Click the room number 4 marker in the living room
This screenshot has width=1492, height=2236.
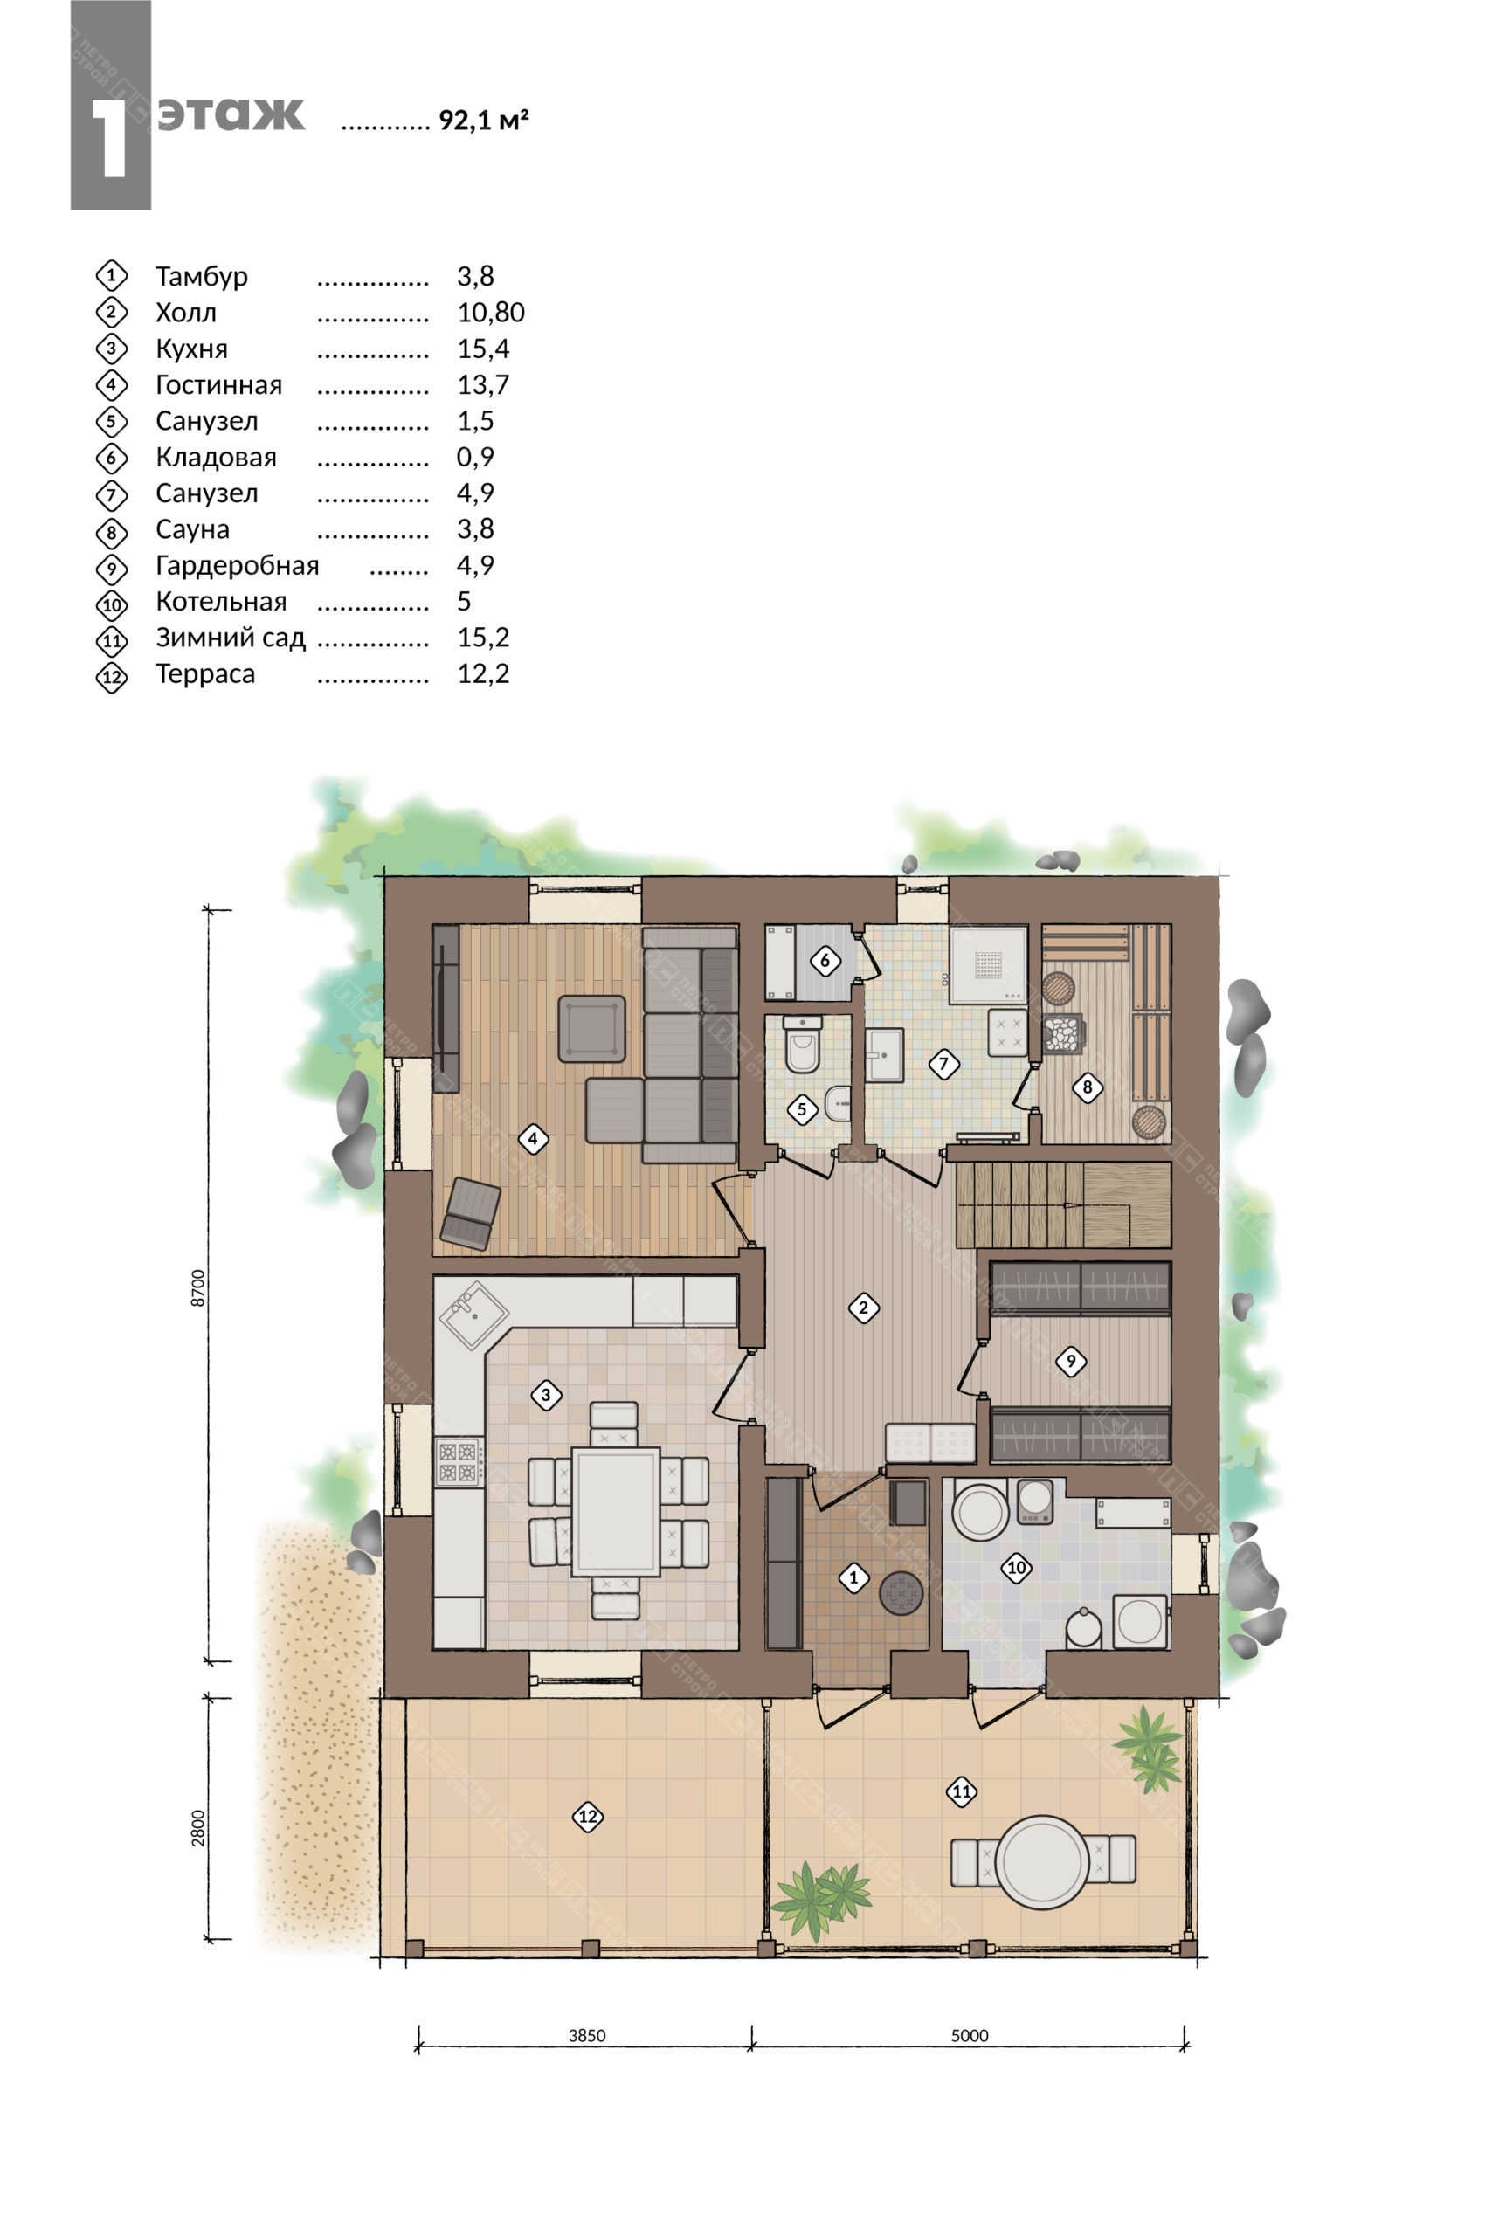coord(533,1138)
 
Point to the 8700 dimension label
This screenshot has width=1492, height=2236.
coord(198,1287)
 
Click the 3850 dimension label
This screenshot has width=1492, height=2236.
coord(587,2035)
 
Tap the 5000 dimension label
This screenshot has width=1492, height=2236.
coord(970,2035)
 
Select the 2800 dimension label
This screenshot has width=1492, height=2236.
coord(198,1828)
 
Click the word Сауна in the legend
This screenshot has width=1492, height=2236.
coord(192,529)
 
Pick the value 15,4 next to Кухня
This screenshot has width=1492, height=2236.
coord(483,349)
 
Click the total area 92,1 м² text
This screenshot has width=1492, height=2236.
coord(483,120)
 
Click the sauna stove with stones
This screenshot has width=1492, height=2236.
coord(1064,1034)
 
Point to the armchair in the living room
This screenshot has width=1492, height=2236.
coord(470,1214)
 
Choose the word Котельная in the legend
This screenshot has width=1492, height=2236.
coord(221,601)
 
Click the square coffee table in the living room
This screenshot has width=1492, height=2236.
coord(592,1029)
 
